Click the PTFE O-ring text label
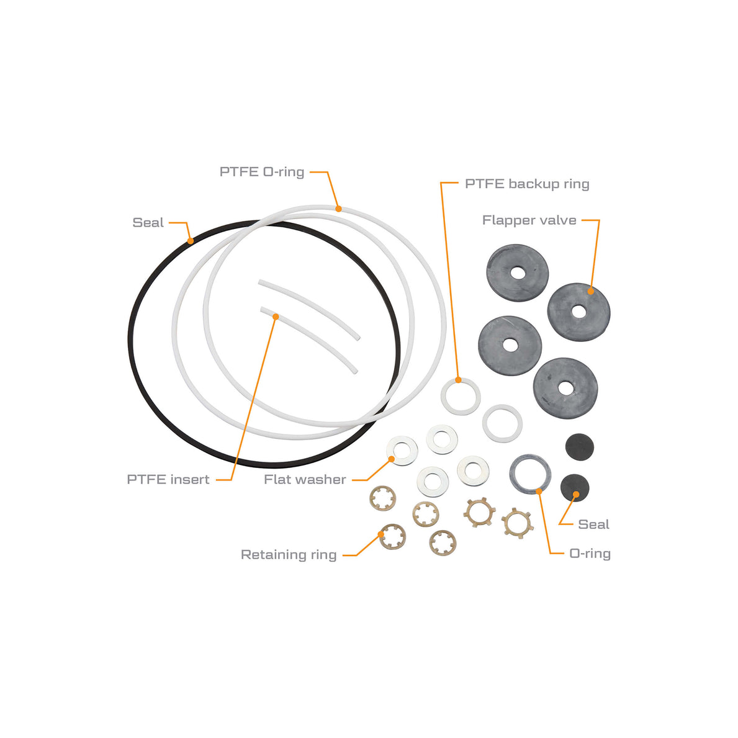pos(262,172)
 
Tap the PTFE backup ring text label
pos(527,184)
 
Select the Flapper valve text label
pos(529,220)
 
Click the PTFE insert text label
pos(168,480)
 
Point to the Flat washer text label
pos(305,480)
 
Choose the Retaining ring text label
pos(289,555)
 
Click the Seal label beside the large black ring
pos(148,223)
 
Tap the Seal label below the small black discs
pos(593,524)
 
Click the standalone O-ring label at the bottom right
pos(590,554)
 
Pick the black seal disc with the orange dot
pos(575,488)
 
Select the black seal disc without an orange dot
pos(579,447)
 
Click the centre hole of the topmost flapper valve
pos(518,273)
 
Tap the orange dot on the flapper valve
pos(591,291)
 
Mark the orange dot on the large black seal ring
pos(191,241)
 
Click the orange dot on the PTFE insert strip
pos(276,317)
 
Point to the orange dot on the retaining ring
pos(381,534)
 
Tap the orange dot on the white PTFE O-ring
pos(338,209)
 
